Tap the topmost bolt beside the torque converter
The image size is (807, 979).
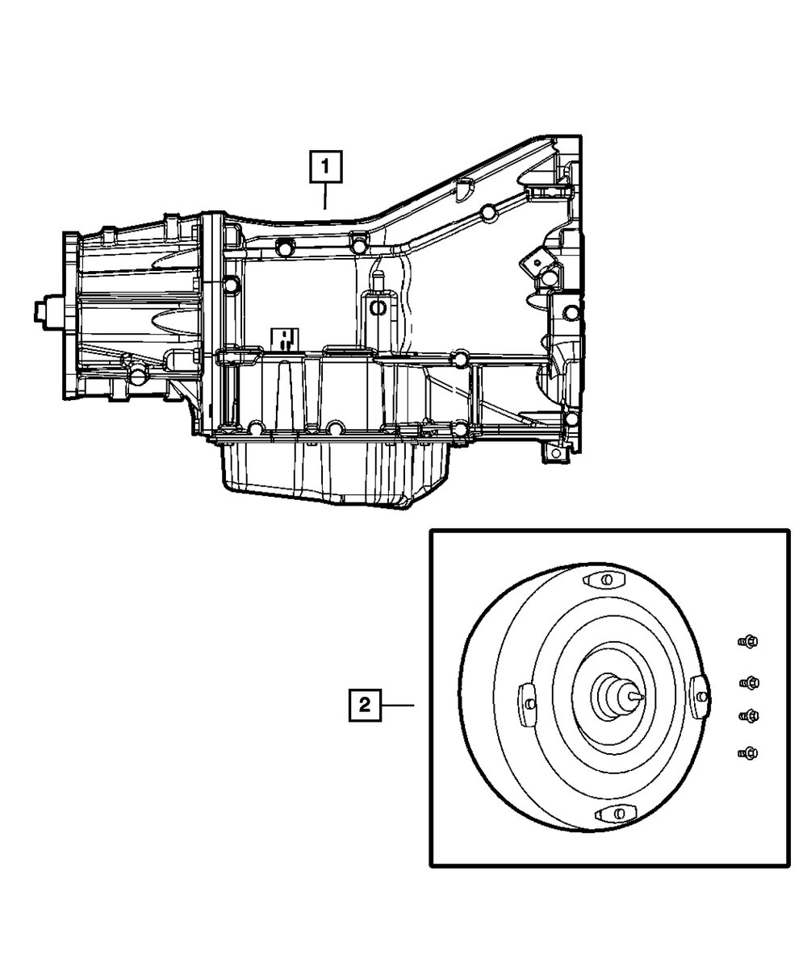point(747,642)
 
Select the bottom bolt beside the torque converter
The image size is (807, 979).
point(747,753)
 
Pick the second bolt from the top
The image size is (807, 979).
point(749,683)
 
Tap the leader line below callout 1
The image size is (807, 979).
point(325,197)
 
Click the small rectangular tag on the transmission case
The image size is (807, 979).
point(285,338)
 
